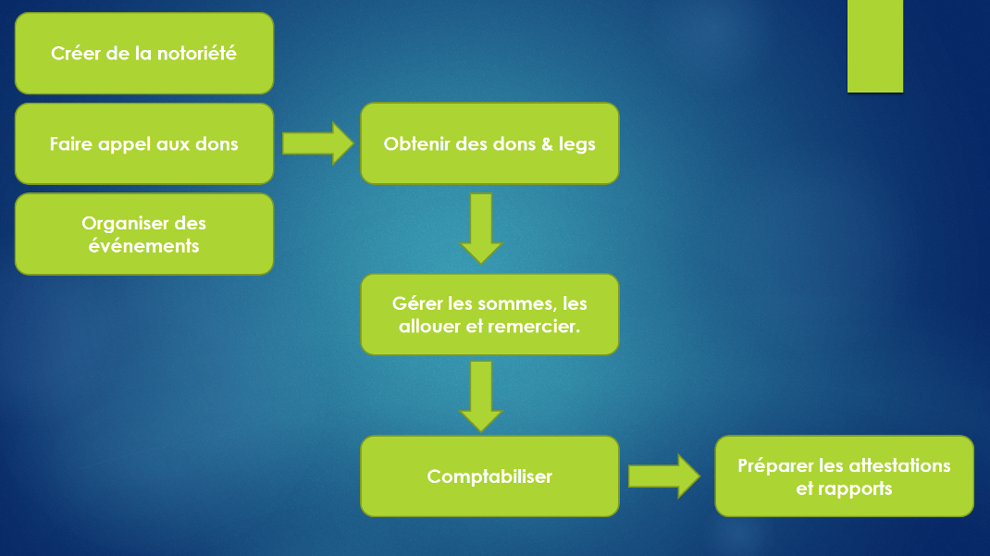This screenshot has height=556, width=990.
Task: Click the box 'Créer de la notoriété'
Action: (144, 53)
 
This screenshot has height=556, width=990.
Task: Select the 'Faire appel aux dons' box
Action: (144, 144)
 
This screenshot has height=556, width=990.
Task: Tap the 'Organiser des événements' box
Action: (144, 234)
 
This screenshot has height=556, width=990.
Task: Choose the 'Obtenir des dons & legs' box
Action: (489, 143)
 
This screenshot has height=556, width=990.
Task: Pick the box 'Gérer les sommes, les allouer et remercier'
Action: (489, 315)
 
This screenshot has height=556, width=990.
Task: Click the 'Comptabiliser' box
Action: (489, 476)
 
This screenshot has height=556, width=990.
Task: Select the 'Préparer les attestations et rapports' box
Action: (844, 476)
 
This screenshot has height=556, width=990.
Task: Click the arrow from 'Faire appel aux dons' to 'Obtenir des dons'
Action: (317, 143)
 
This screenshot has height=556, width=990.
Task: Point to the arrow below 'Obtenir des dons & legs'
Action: (481, 229)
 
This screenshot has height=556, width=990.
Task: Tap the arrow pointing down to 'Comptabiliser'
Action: (481, 396)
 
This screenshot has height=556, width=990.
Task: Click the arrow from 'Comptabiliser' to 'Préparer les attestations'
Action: (664, 476)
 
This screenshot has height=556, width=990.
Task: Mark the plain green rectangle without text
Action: (875, 46)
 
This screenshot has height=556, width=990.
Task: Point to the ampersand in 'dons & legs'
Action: (547, 144)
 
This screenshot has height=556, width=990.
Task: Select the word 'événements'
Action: (144, 245)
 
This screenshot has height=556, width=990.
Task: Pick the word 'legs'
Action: (577, 144)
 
